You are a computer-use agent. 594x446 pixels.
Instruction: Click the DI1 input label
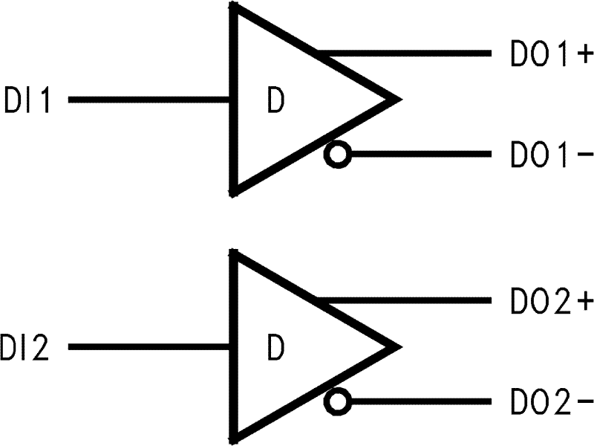(27, 100)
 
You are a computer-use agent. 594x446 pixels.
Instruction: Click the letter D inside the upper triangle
(275, 102)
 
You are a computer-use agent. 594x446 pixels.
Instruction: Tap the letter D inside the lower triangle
(275, 349)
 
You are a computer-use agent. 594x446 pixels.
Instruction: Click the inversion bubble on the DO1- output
(337, 155)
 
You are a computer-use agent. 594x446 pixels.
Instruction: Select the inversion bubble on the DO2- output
(337, 403)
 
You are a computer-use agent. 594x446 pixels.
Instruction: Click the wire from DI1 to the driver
(148, 100)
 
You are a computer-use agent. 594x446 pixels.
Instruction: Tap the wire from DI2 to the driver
(148, 347)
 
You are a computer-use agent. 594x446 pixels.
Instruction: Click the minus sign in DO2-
(584, 403)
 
